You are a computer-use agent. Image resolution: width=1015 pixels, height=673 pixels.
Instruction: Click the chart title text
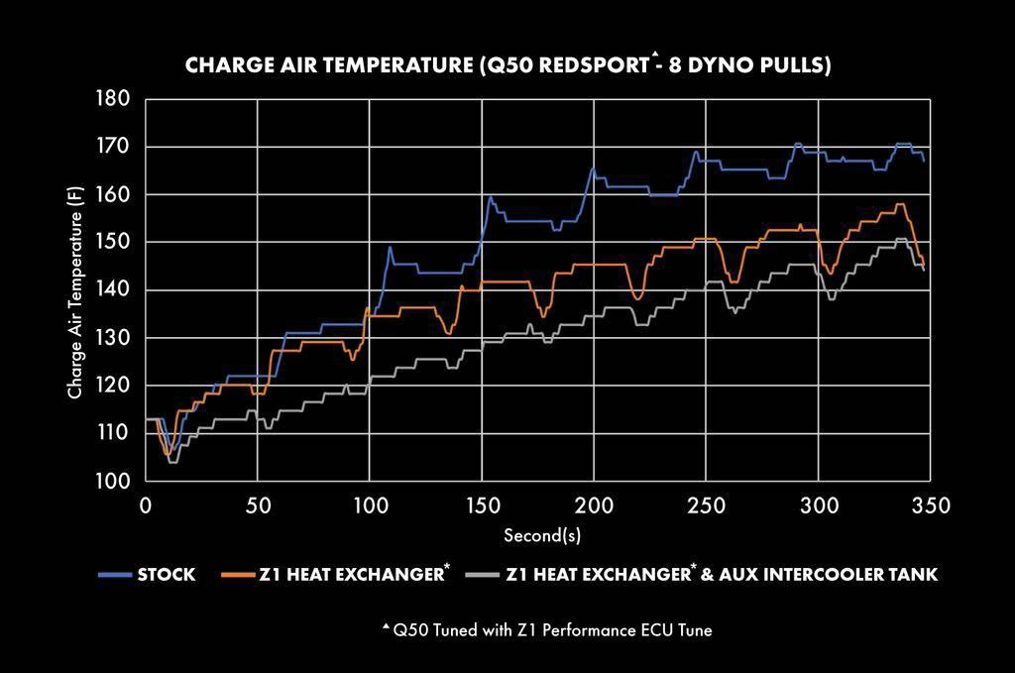507,66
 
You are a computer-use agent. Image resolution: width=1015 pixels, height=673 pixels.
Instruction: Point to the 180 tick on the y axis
118,98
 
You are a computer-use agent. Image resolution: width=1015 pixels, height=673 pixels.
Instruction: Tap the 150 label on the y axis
118,242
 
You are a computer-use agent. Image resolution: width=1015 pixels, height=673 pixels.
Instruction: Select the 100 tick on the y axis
118,481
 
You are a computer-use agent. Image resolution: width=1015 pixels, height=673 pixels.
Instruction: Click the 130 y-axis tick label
118,337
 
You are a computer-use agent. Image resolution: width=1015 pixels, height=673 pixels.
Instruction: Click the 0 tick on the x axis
146,505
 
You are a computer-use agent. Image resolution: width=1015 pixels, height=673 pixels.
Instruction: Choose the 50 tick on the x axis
258,505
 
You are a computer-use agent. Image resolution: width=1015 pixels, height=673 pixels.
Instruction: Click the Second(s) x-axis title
541,535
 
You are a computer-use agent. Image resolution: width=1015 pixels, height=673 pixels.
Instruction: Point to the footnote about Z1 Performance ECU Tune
546,628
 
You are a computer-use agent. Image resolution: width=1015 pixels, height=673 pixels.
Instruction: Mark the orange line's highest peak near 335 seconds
900,204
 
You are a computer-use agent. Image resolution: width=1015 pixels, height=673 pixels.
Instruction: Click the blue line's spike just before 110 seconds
390,247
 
